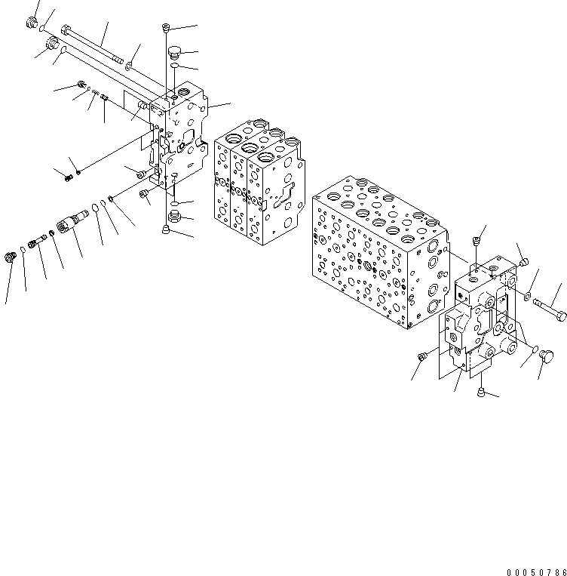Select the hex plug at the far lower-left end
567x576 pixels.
pos(11,258)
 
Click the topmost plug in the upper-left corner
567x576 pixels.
pos(32,23)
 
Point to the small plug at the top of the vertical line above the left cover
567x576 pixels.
pos(165,29)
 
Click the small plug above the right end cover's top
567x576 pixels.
pos(475,241)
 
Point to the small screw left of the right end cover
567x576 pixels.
pos(422,355)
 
